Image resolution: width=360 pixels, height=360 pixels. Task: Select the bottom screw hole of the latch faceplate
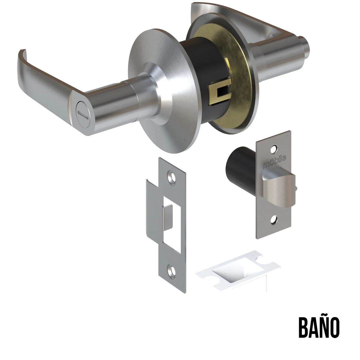pos(274,220)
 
